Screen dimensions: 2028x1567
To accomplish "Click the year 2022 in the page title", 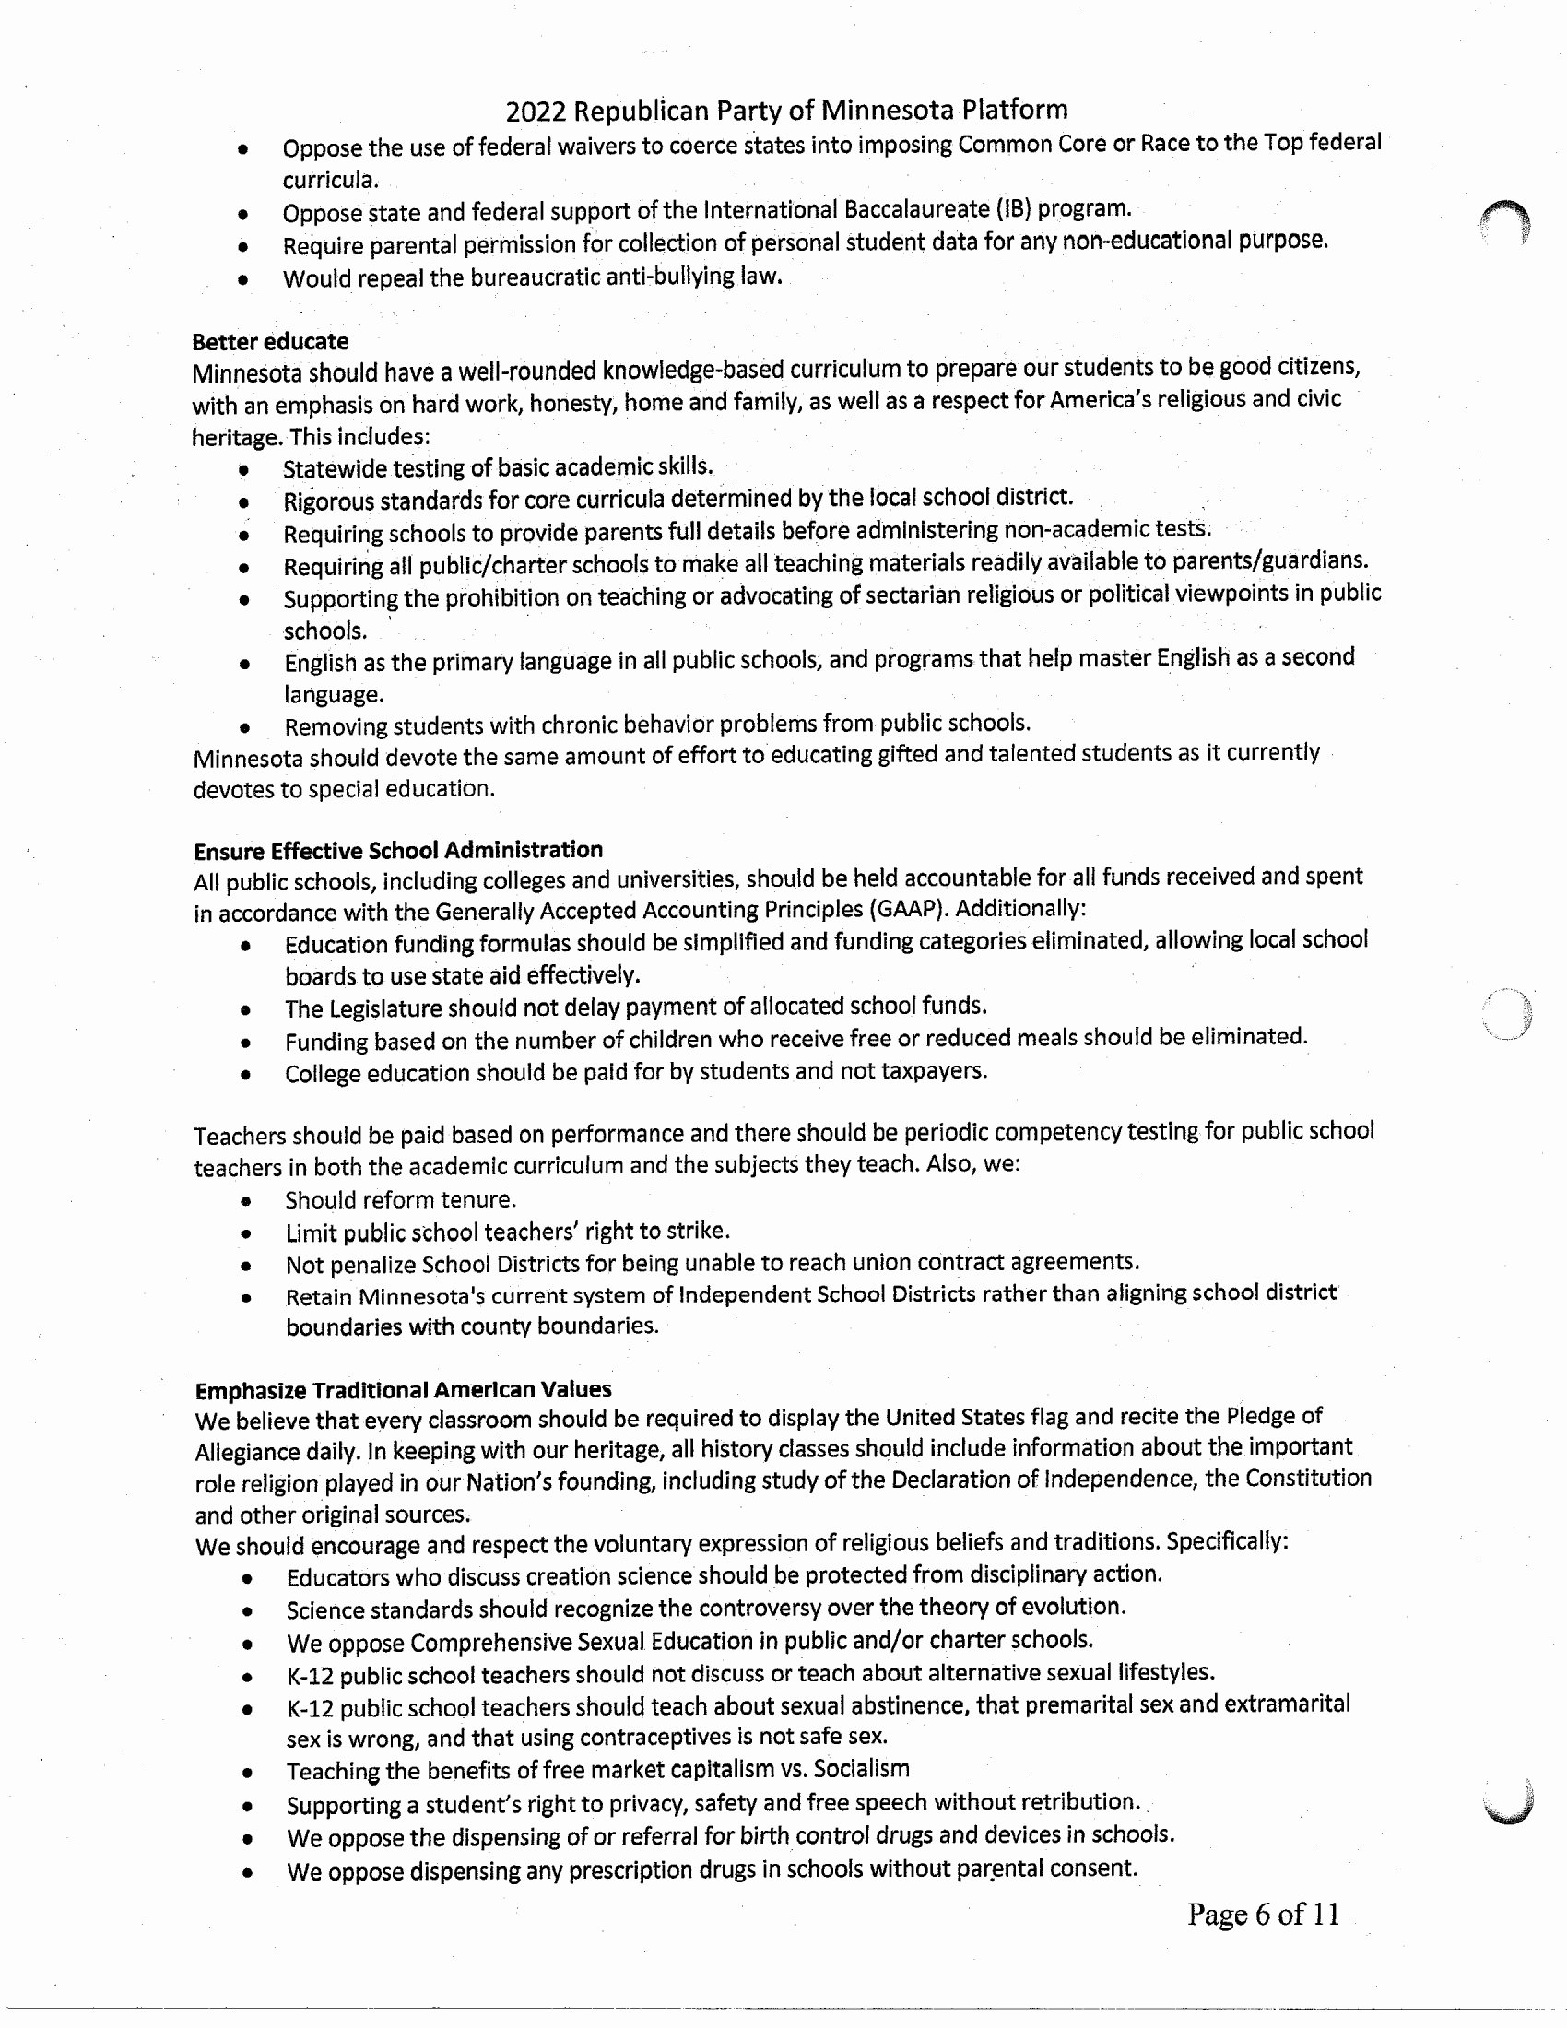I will point(536,112).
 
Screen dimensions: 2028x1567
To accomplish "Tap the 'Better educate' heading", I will point(270,342).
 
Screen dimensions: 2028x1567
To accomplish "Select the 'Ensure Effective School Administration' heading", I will point(398,851).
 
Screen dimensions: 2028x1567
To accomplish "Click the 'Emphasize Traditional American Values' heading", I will point(403,1390).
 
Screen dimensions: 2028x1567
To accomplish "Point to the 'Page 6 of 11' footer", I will point(1263,1915).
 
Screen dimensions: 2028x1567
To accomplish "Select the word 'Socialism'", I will point(861,1769).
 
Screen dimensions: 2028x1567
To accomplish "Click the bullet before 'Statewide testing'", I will point(243,470).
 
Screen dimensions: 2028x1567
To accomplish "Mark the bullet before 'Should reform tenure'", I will point(246,1201).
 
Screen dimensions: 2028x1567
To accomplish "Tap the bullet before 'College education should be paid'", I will point(245,1075).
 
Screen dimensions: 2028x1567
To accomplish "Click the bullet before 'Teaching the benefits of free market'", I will point(247,1773).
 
